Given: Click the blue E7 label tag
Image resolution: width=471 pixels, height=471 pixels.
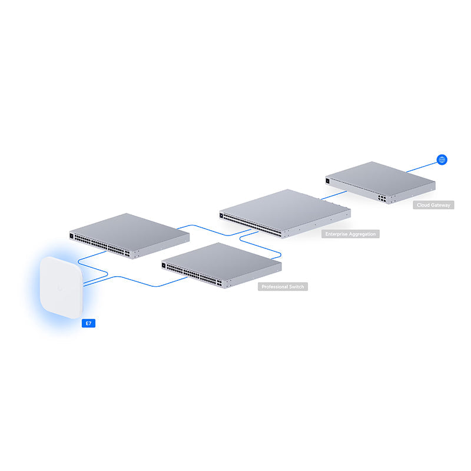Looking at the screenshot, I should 87,323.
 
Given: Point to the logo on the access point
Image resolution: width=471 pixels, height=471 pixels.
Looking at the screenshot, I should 61,288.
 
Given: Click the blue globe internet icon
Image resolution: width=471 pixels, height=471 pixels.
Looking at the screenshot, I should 442,159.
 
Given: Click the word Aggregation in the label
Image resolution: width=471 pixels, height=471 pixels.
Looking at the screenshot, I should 360,234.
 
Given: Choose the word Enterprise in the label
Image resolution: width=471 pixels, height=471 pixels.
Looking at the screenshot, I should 337,234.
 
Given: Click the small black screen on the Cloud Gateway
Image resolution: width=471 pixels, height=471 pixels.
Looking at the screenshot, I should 327,181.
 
